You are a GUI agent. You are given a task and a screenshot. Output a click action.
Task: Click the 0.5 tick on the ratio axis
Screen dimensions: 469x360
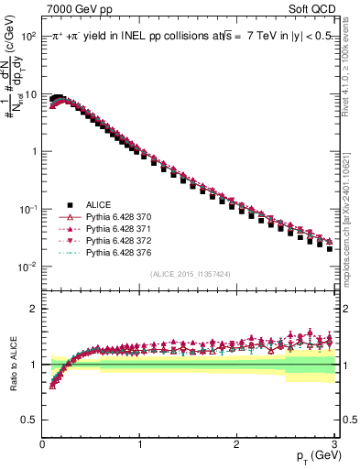click(29, 420)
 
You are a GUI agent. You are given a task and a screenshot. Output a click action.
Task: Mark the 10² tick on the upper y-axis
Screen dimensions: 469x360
click(27, 36)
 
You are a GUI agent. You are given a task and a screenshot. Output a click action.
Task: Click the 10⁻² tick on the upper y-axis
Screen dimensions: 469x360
click(27, 267)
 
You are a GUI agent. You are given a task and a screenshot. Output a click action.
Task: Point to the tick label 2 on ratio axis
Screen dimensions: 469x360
click(33, 309)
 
